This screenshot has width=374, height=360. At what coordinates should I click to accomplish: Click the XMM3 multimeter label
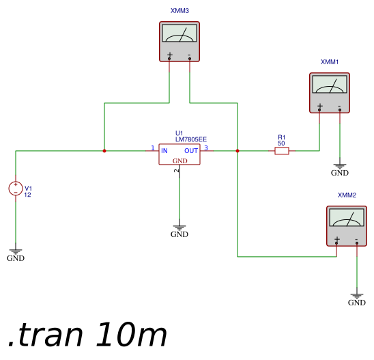[179, 11]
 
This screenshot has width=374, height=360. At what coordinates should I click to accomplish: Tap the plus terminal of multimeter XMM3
[169, 59]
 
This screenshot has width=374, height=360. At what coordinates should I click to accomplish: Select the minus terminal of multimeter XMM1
[340, 110]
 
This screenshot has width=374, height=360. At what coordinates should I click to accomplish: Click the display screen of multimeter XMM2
[347, 217]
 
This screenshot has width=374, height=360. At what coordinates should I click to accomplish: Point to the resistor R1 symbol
[282, 151]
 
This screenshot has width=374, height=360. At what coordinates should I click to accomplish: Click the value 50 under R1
[281, 143]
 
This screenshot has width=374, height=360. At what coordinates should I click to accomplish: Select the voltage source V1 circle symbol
[16, 189]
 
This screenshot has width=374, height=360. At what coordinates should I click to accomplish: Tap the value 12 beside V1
[27, 195]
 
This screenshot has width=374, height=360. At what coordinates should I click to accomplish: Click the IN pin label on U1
[164, 151]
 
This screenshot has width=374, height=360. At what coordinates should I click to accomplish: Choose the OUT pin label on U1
[191, 151]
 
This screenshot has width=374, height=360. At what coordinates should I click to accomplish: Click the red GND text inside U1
[180, 161]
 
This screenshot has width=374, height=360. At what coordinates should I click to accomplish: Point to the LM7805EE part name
[191, 139]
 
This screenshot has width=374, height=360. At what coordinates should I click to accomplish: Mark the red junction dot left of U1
[104, 151]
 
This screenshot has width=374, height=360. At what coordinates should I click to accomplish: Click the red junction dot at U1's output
[238, 151]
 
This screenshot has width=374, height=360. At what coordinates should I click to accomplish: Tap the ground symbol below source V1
[16, 252]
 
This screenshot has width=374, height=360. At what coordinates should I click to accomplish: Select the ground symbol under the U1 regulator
[179, 228]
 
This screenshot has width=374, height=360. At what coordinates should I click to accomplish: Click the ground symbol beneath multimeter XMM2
[357, 296]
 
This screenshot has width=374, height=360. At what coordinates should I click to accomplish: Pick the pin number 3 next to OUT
[206, 148]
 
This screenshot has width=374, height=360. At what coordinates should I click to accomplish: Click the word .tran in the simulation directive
[46, 335]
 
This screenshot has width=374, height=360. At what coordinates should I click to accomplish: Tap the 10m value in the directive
[131, 335]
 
